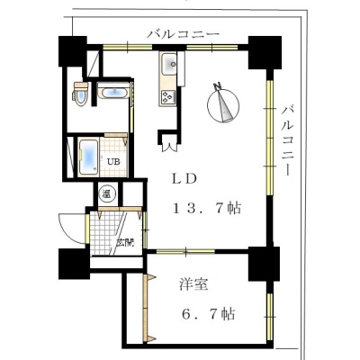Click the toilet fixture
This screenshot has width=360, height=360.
click(x=80, y=94)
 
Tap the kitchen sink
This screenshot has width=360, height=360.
click(x=169, y=64)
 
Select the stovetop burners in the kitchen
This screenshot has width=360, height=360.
click(x=168, y=97)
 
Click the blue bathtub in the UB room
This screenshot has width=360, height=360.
click(x=89, y=157)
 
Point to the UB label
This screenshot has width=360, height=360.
click(x=114, y=162)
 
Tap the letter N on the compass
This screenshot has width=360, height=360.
click(x=217, y=85)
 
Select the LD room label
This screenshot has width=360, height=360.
click(x=184, y=179)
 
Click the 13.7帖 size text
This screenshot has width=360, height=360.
click(x=207, y=208)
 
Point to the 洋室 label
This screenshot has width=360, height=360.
click(x=193, y=284)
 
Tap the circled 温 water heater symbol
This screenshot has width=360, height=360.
click(x=106, y=193)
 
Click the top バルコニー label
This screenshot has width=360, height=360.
click(x=183, y=33)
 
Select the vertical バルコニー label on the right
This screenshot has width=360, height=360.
click(x=287, y=139)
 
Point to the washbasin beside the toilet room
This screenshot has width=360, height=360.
click(x=113, y=92)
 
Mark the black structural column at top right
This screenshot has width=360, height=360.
click(x=265, y=53)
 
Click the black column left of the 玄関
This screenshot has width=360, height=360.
click(x=75, y=264)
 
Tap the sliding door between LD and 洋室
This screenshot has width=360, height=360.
click(x=185, y=251)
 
